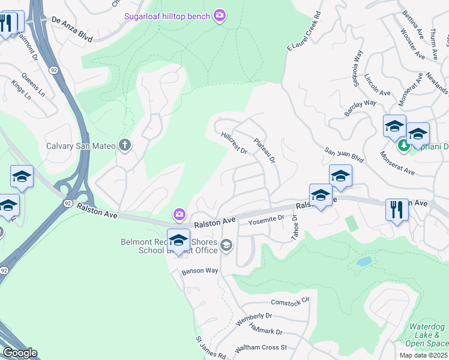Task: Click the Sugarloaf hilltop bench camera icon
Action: click(220, 15)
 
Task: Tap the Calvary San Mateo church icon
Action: click(125, 145)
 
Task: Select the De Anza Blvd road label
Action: click(72, 28)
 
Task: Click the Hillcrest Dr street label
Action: click(234, 143)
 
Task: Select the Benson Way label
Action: click(200, 271)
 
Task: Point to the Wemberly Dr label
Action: click(254, 319)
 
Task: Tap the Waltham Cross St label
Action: click(262, 347)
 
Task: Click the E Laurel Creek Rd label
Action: click(304, 30)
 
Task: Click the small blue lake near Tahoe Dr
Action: click(363, 262)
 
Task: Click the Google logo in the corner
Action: click(19, 353)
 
